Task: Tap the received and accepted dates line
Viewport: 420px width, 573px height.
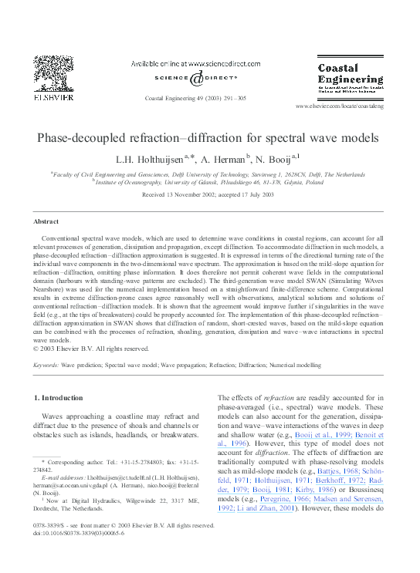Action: click(208, 195)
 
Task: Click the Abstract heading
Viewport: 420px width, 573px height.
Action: click(47, 221)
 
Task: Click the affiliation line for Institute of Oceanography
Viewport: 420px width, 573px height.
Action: click(208, 184)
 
